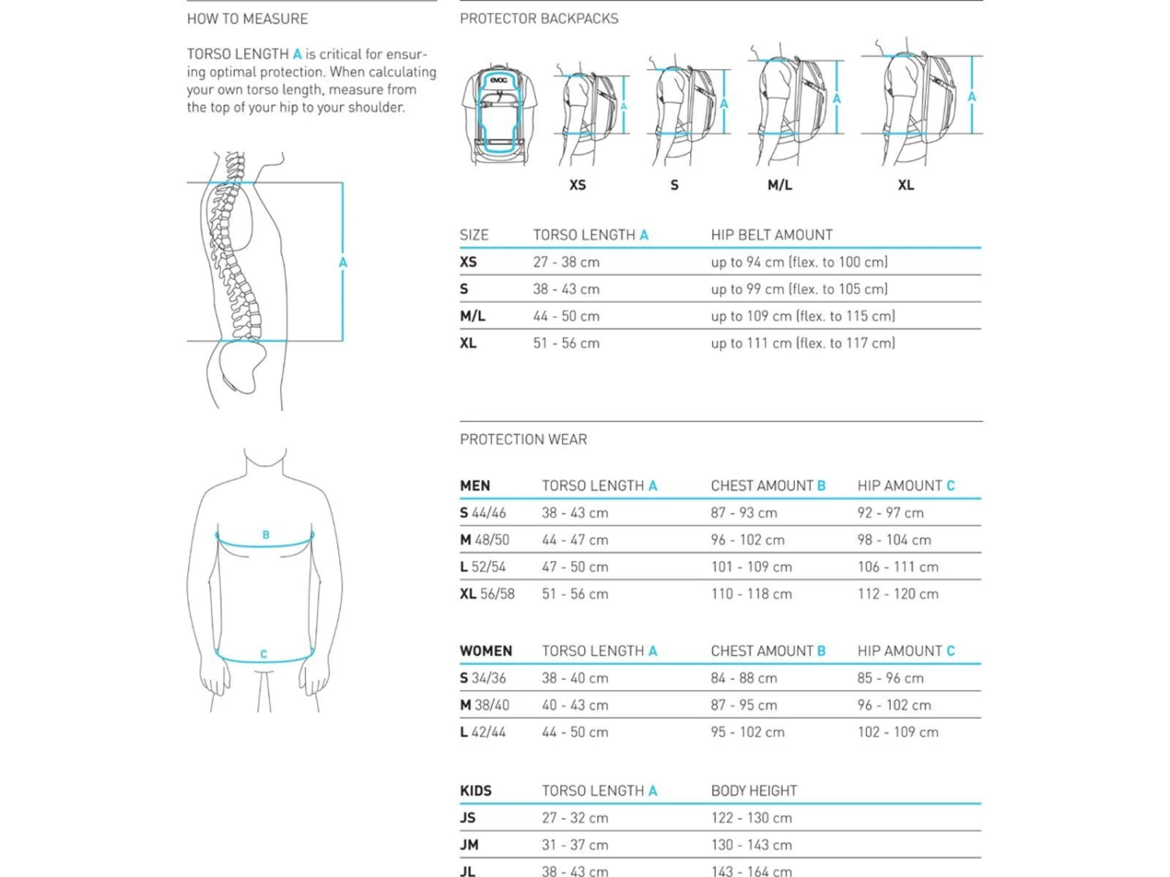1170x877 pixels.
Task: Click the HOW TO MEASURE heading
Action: click(x=247, y=19)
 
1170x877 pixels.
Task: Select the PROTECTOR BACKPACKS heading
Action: click(x=539, y=19)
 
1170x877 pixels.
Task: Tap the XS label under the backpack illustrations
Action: click(x=577, y=186)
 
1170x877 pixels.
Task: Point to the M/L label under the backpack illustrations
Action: click(x=779, y=186)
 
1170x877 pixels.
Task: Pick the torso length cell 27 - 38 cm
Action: click(x=566, y=262)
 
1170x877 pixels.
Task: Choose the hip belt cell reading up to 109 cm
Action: click(x=803, y=316)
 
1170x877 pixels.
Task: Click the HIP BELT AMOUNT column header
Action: click(x=771, y=235)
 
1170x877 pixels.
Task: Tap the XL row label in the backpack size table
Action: click(x=468, y=344)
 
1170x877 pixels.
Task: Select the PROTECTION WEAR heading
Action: click(x=523, y=440)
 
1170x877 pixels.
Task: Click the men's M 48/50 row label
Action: click(x=484, y=540)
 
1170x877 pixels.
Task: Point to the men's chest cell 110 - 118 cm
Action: click(x=751, y=594)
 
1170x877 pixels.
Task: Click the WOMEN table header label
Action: click(x=486, y=651)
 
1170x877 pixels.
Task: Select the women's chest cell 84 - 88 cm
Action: click(x=743, y=678)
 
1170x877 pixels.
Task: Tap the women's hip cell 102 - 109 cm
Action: click(x=898, y=733)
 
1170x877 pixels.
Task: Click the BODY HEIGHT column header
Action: click(x=753, y=791)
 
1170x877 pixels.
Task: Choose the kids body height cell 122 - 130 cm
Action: click(x=751, y=819)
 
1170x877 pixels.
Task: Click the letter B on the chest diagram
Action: click(x=266, y=535)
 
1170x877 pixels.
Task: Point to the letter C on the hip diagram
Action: click(x=264, y=654)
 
